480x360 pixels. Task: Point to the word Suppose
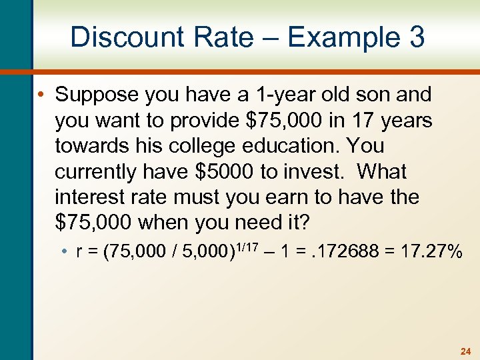94,95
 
